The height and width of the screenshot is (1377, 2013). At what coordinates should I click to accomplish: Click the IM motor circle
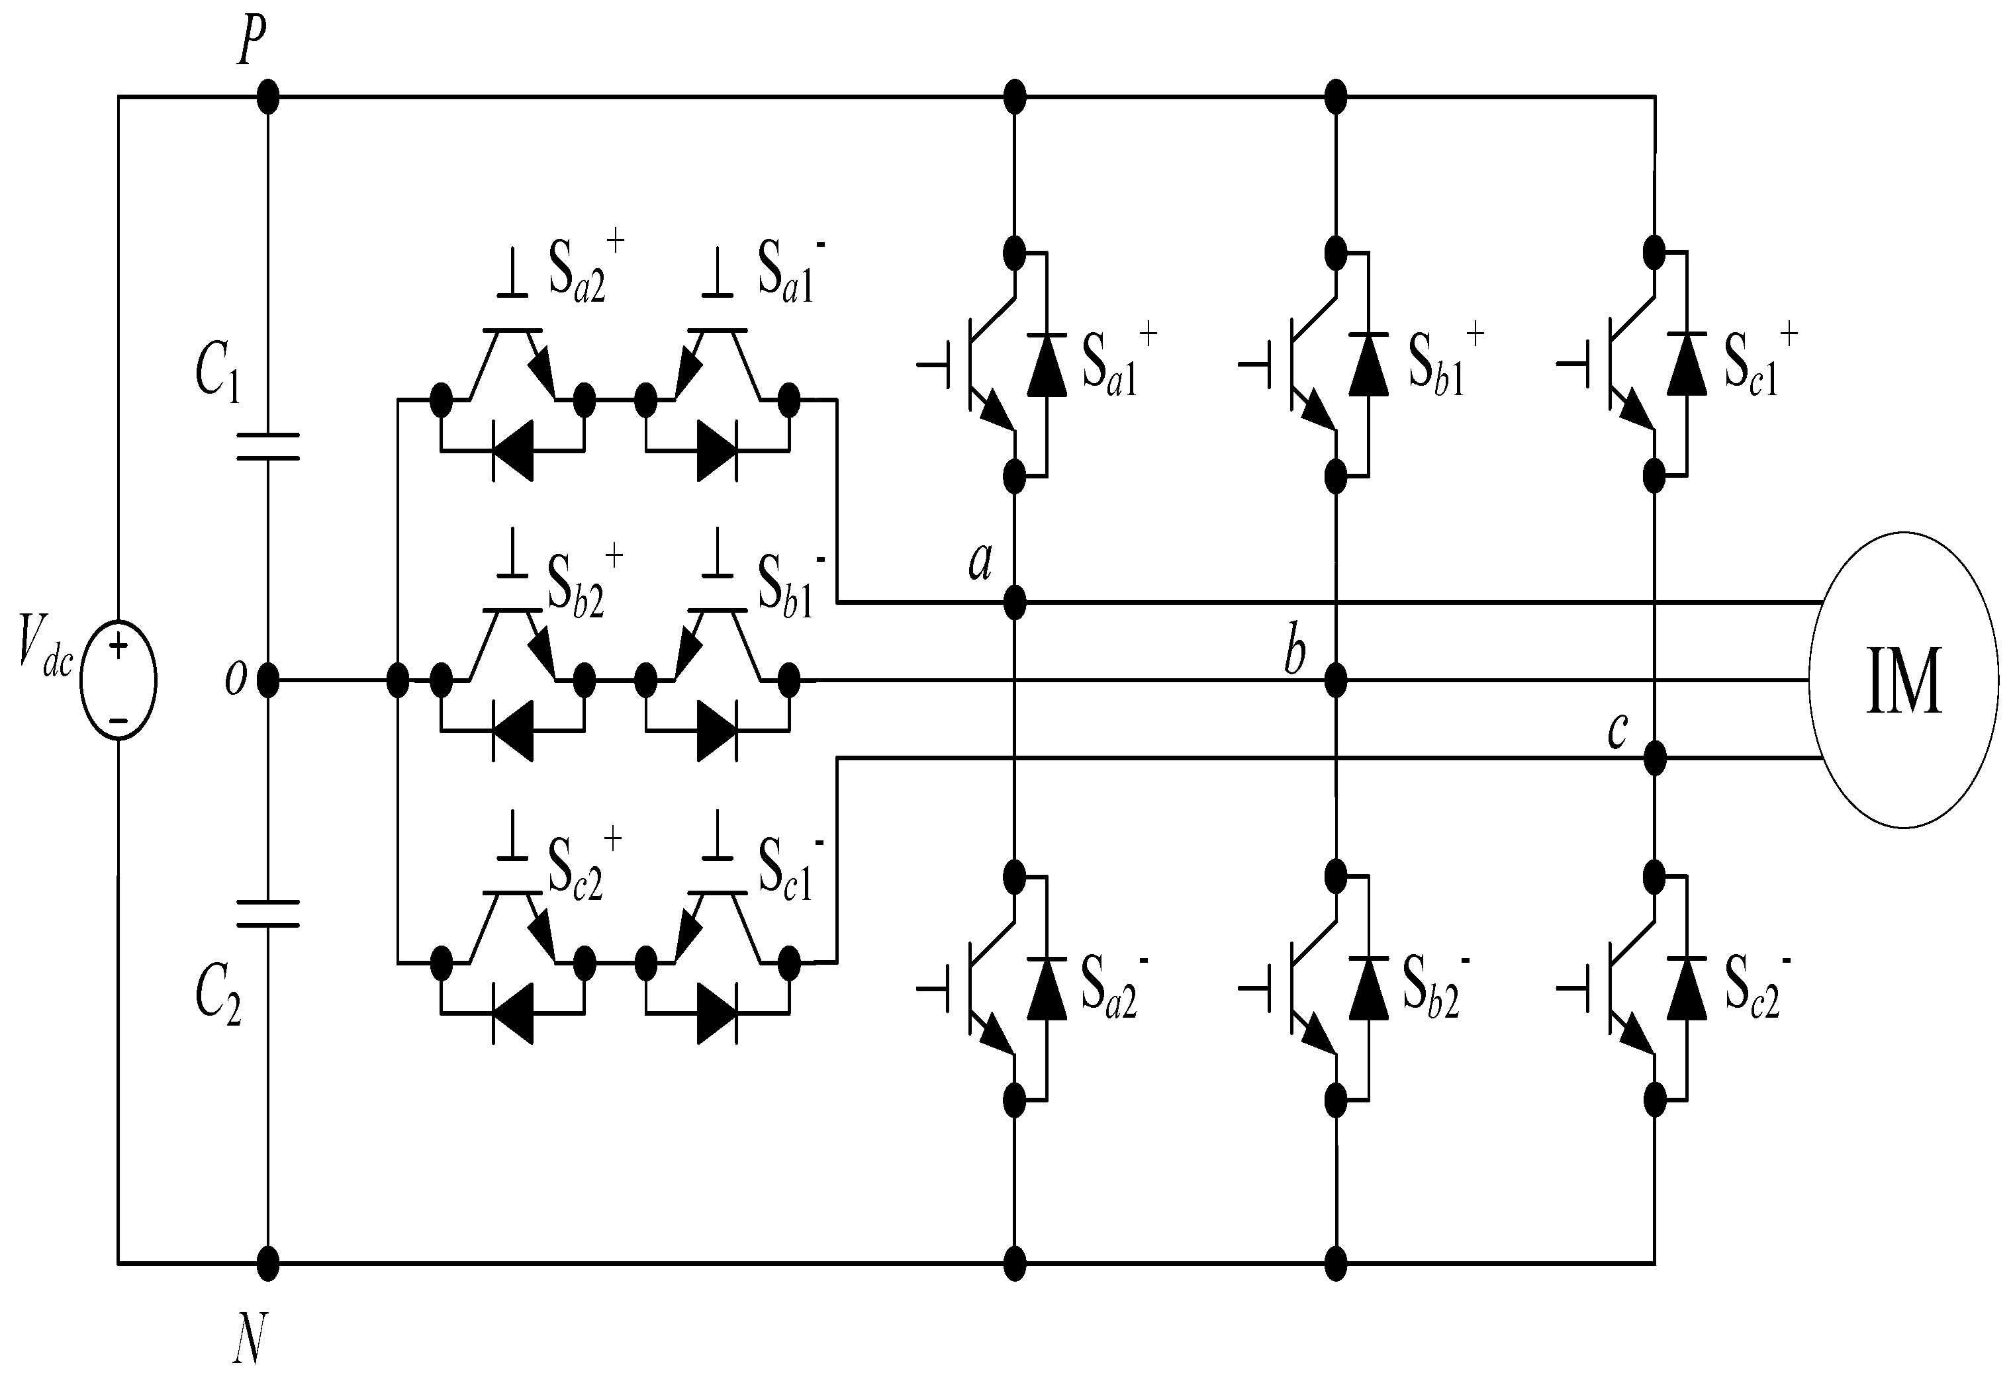(x=1903, y=680)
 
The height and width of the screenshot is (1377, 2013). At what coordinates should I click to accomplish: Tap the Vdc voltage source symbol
(x=118, y=680)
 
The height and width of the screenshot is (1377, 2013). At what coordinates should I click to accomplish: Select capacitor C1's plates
(x=267, y=446)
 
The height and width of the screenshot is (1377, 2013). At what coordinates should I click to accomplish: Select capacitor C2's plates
(x=267, y=914)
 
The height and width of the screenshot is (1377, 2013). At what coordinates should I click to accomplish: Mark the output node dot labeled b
(x=1336, y=680)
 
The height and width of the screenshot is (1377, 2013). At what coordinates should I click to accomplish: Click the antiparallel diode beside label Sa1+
(x=1047, y=364)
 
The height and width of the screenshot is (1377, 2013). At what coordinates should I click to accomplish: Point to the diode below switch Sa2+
(x=513, y=451)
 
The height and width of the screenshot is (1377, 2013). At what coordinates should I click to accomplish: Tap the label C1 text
(x=216, y=371)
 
